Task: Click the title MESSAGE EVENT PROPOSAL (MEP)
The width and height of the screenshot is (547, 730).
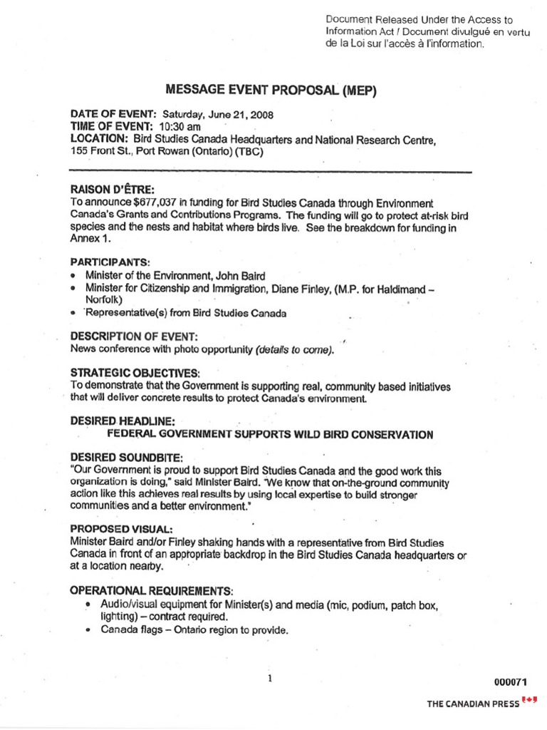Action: [270, 91]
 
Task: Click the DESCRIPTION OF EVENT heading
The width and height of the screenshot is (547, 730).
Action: [133, 336]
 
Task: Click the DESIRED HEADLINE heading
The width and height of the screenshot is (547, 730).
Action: [122, 421]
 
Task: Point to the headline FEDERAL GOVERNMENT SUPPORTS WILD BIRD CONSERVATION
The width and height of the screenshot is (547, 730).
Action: [270, 433]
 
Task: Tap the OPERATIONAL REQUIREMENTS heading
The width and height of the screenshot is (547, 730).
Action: [151, 591]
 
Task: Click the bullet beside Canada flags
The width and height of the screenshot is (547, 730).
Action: [87, 631]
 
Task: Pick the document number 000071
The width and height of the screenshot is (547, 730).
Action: [510, 682]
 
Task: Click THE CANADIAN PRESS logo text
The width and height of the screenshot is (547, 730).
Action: [473, 704]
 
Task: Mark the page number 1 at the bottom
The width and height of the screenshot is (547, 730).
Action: [270, 679]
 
